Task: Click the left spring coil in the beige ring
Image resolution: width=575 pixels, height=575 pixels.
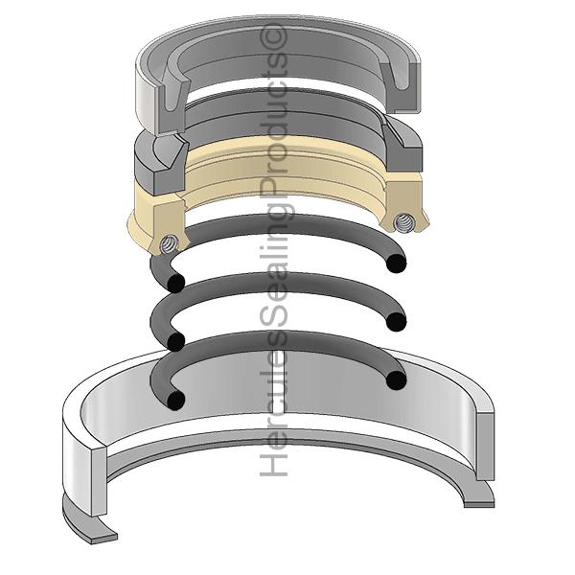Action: pos(170,243)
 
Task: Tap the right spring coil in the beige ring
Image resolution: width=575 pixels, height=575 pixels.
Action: pos(402,222)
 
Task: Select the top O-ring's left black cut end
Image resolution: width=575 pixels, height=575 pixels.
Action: pos(175,283)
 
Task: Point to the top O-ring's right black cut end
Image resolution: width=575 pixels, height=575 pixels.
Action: pos(397,264)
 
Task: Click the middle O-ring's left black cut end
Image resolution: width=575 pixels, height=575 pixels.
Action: pos(175,342)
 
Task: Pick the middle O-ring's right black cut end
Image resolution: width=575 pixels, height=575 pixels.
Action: pos(397,322)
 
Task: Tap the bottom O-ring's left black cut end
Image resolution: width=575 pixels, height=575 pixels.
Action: pos(175,400)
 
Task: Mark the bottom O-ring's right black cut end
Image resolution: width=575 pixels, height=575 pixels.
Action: pos(397,380)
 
